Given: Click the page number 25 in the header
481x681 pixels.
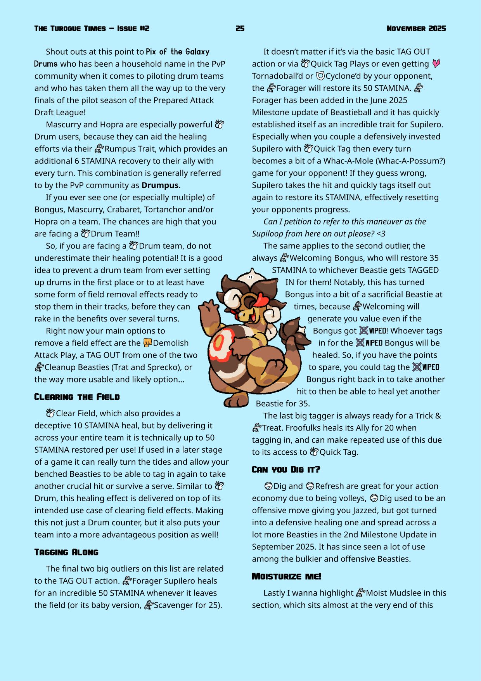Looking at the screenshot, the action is tap(240, 28).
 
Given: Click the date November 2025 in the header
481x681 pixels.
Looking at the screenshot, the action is tap(416, 28).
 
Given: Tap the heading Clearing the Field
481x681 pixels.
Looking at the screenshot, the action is tap(77, 397).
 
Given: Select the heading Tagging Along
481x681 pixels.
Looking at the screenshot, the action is tap(66, 552).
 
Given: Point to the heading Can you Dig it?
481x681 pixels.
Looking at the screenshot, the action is tap(286, 469).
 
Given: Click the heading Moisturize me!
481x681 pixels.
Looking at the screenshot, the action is tap(287, 576).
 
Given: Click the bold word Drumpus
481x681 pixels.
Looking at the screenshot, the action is tap(160, 185).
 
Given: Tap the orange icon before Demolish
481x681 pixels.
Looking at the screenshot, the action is tap(147, 343).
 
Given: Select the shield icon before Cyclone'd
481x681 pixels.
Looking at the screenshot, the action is tap(320, 76).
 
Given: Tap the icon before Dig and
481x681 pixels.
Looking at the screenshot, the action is tap(268, 486).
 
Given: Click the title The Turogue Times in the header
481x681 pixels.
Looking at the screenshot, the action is tap(70, 28).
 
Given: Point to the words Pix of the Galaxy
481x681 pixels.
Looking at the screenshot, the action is tap(177, 52).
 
